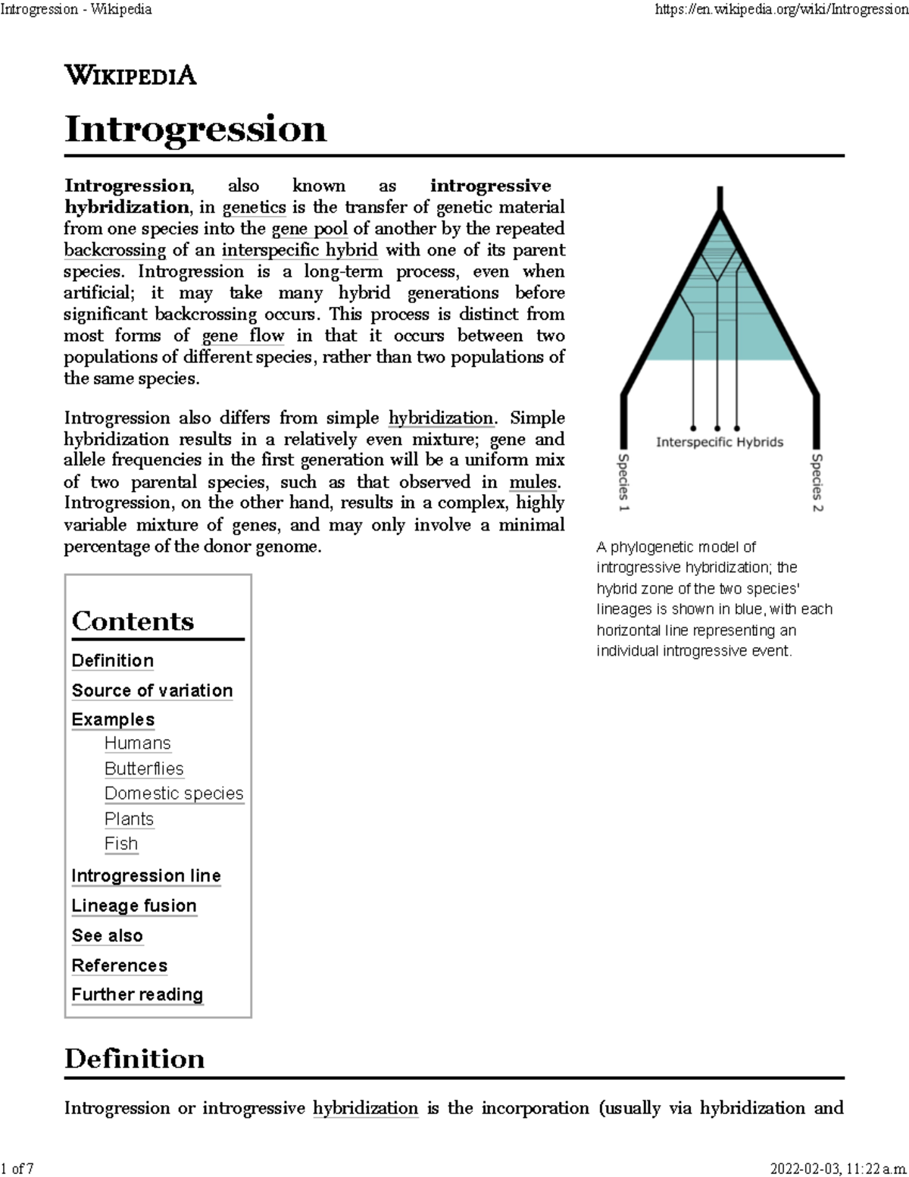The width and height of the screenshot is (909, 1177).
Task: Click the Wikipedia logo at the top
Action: pyautogui.click(x=130, y=76)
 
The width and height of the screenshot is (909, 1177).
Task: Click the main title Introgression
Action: pyautogui.click(x=195, y=129)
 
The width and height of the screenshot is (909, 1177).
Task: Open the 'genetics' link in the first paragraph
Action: pyautogui.click(x=254, y=208)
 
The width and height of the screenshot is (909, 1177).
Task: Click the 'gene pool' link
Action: pyautogui.click(x=310, y=229)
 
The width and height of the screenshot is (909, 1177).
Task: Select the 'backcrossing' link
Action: pyautogui.click(x=114, y=250)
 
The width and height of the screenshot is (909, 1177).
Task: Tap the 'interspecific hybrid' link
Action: pyautogui.click(x=299, y=250)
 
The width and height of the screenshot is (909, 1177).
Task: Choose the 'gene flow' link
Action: pyautogui.click(x=243, y=336)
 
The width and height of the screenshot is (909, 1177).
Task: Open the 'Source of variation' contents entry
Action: pyautogui.click(x=152, y=690)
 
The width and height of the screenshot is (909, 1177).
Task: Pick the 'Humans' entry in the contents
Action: pyautogui.click(x=138, y=743)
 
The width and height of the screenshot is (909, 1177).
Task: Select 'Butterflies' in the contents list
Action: pyautogui.click(x=144, y=768)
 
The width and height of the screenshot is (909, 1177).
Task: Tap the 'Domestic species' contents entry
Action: pyautogui.click(x=174, y=794)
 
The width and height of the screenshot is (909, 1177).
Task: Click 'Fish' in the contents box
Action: pyautogui.click(x=121, y=844)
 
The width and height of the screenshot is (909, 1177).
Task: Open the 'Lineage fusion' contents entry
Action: pyautogui.click(x=134, y=906)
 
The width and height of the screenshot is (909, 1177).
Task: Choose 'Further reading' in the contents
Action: pyautogui.click(x=137, y=994)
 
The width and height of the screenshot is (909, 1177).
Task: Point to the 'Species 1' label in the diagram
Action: pyautogui.click(x=623, y=482)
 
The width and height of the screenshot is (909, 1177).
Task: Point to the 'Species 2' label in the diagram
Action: pyautogui.click(x=817, y=482)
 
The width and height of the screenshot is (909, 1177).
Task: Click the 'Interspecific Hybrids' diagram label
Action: pyautogui.click(x=719, y=442)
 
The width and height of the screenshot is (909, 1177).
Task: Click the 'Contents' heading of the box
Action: pyautogui.click(x=133, y=621)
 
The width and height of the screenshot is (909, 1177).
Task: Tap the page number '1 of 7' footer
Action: pyautogui.click(x=18, y=1168)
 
